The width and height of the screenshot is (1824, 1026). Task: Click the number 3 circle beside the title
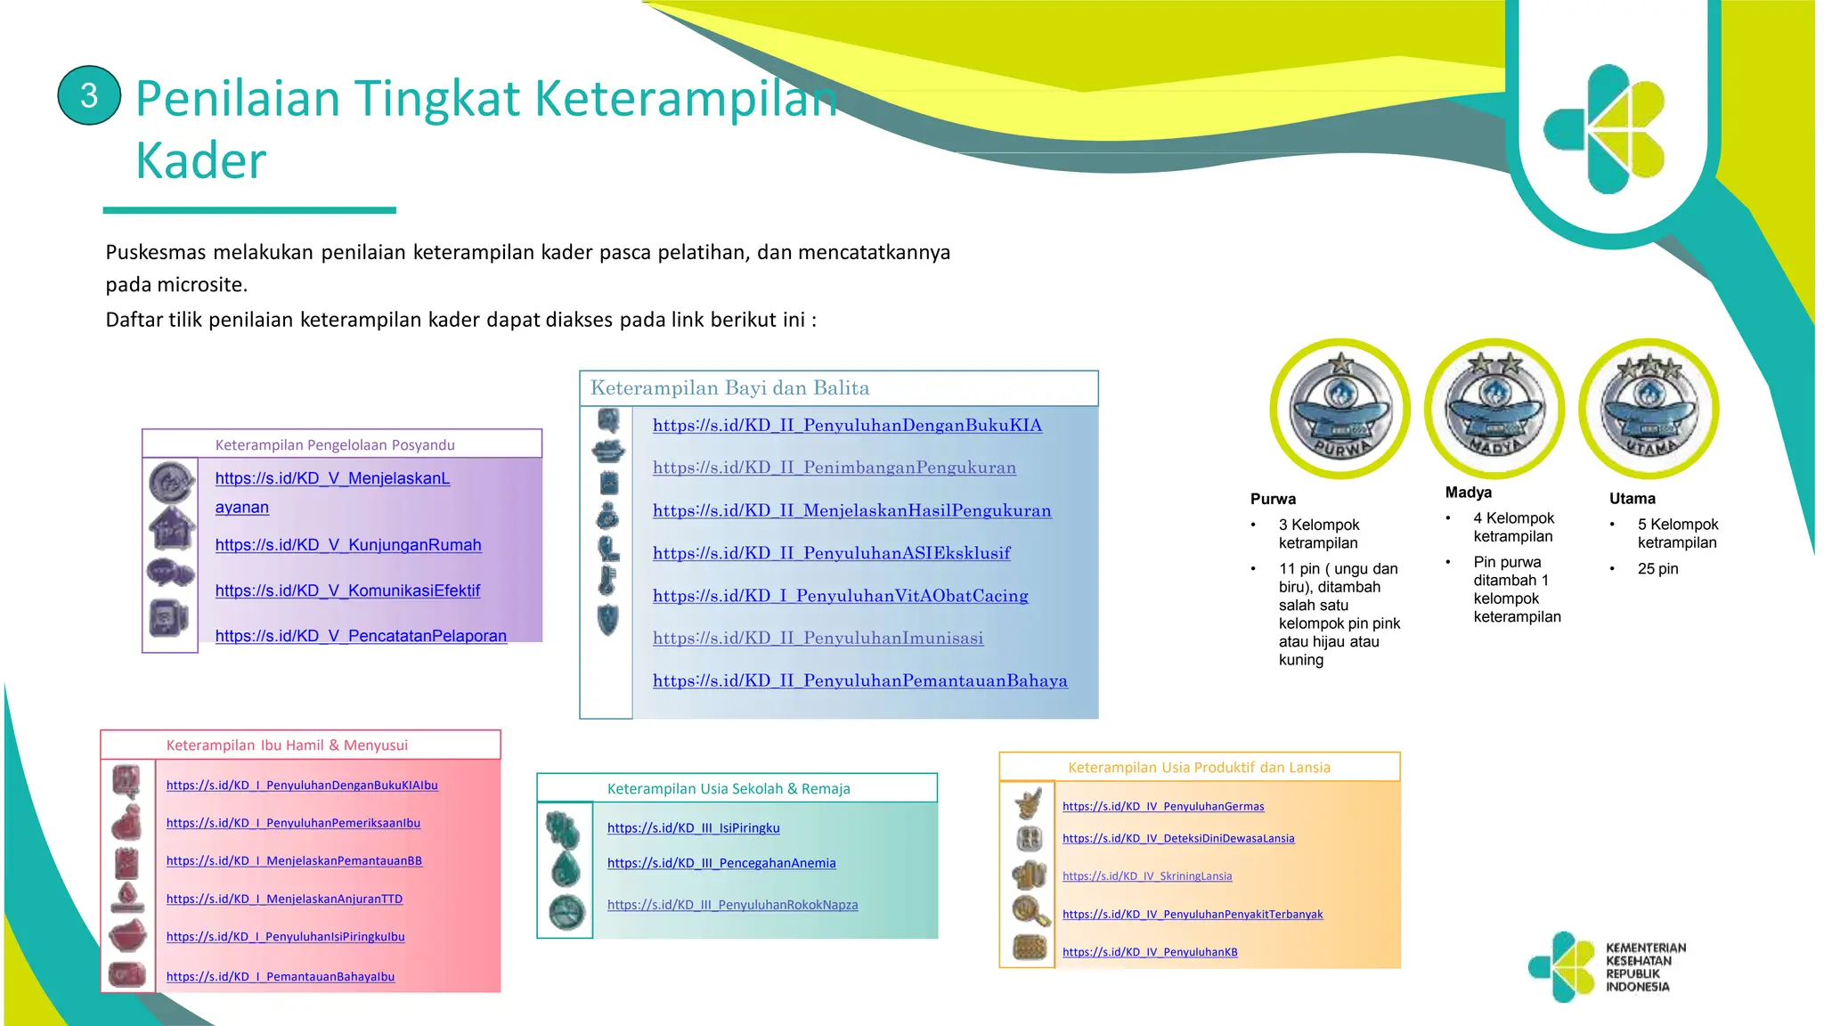click(x=89, y=95)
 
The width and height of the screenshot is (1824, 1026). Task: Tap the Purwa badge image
click(x=1339, y=410)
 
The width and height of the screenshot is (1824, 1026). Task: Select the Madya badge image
click(x=1494, y=409)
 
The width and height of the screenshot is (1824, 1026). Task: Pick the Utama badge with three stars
click(x=1649, y=409)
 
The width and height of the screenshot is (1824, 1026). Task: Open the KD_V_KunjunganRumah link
click(x=348, y=545)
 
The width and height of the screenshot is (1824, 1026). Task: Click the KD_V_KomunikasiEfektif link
click(x=347, y=590)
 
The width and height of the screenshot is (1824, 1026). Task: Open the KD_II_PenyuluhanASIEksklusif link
click(x=831, y=553)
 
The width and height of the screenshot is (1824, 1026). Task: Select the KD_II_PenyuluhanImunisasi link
click(x=818, y=638)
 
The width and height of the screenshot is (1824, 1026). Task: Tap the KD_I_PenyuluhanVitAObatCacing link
click(x=840, y=596)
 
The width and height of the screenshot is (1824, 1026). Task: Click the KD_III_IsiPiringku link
click(x=693, y=828)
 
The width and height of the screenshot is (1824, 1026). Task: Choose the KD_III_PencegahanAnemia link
click(x=721, y=863)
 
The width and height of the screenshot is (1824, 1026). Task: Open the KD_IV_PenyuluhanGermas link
click(x=1163, y=807)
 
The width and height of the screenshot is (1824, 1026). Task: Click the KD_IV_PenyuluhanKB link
click(x=1150, y=952)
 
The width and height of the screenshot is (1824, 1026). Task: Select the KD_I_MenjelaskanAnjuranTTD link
click(x=284, y=900)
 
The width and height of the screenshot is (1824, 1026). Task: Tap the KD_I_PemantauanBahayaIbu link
click(x=281, y=977)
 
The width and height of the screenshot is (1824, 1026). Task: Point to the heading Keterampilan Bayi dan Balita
click(x=729, y=388)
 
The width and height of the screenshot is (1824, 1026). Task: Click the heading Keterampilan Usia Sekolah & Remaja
click(x=729, y=789)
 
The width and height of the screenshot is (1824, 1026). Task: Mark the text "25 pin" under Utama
click(x=1657, y=569)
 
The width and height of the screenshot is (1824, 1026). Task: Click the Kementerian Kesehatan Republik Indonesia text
click(x=1645, y=967)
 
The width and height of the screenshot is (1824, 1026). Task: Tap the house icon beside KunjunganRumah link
click(x=171, y=528)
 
